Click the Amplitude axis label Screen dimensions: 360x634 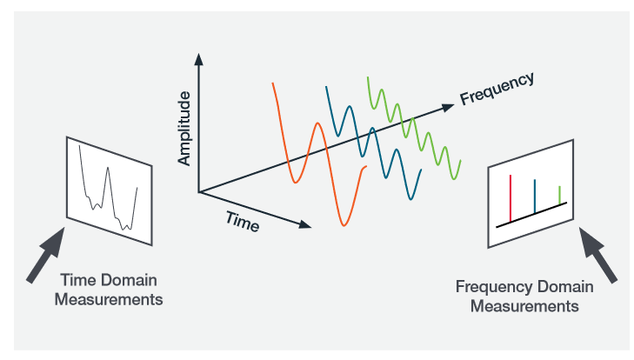point(184,130)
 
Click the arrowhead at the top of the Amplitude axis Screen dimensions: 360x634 point(198,60)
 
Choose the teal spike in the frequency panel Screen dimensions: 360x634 point(534,196)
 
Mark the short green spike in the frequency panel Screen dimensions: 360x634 point(559,195)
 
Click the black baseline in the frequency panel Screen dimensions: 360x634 point(531,214)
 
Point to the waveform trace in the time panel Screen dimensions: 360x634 point(106,187)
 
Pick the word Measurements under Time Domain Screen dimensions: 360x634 point(110,300)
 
